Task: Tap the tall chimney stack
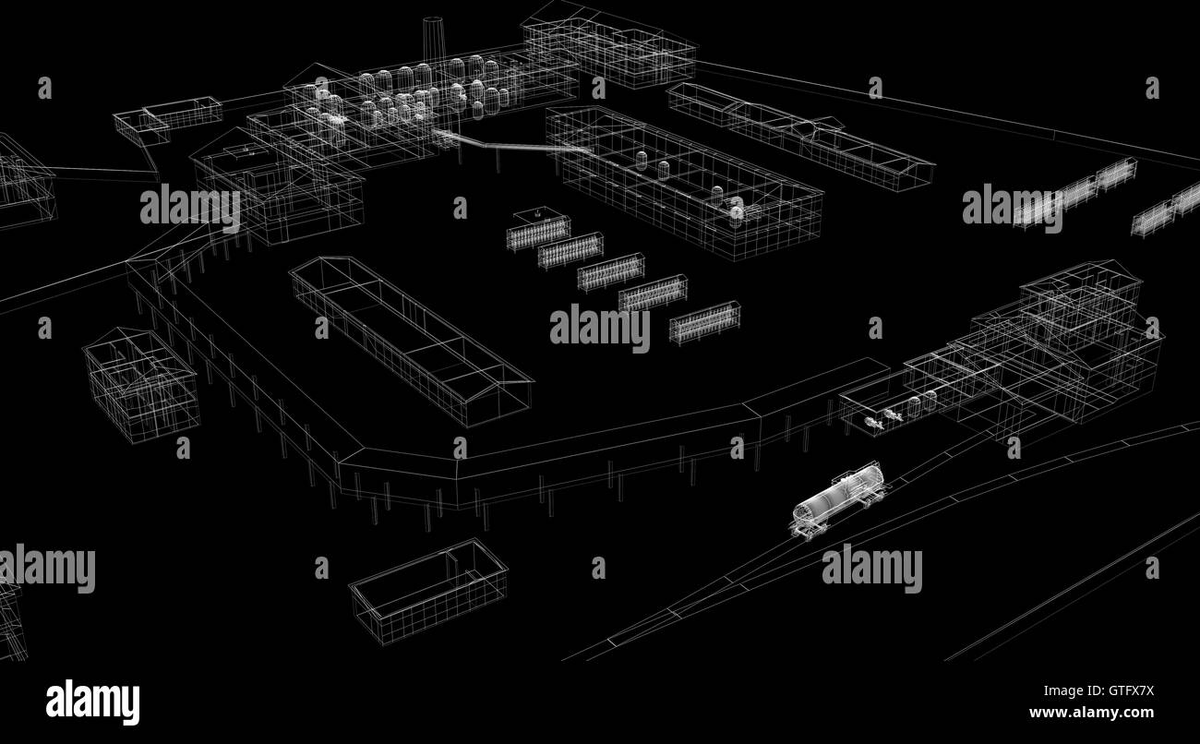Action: click(433, 41)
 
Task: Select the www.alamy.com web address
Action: click(1091, 713)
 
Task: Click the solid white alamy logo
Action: click(92, 702)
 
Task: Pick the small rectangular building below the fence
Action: click(428, 591)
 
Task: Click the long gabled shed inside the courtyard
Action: click(412, 341)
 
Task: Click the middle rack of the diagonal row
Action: click(611, 272)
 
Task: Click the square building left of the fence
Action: click(141, 385)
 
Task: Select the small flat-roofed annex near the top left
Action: click(167, 119)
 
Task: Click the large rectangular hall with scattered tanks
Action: click(685, 182)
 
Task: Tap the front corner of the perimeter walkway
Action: click(342, 461)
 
